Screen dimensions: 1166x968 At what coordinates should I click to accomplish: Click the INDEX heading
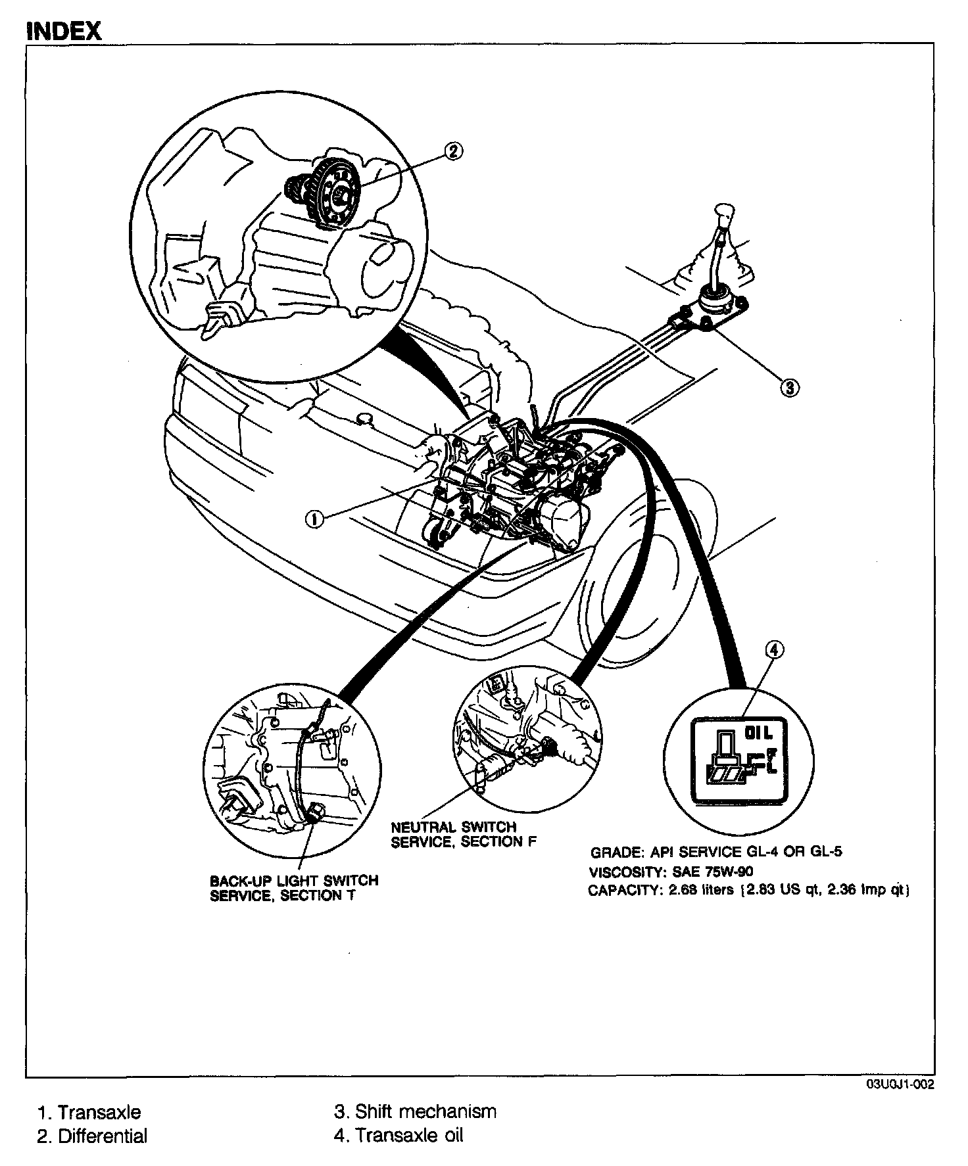click(x=63, y=30)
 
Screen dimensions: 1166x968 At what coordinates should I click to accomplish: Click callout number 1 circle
click(x=314, y=519)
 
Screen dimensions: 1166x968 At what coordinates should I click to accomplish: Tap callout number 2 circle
click(x=453, y=151)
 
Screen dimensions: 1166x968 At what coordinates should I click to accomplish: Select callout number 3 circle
click(x=788, y=387)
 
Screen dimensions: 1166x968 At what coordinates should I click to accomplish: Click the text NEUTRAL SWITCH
click(x=454, y=827)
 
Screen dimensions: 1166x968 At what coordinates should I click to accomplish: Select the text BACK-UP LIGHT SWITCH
click(x=293, y=880)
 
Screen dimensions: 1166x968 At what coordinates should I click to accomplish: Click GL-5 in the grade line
click(x=825, y=852)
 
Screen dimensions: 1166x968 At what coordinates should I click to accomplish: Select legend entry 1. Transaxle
click(x=89, y=1112)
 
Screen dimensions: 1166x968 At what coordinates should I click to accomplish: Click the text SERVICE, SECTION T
click(x=282, y=896)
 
